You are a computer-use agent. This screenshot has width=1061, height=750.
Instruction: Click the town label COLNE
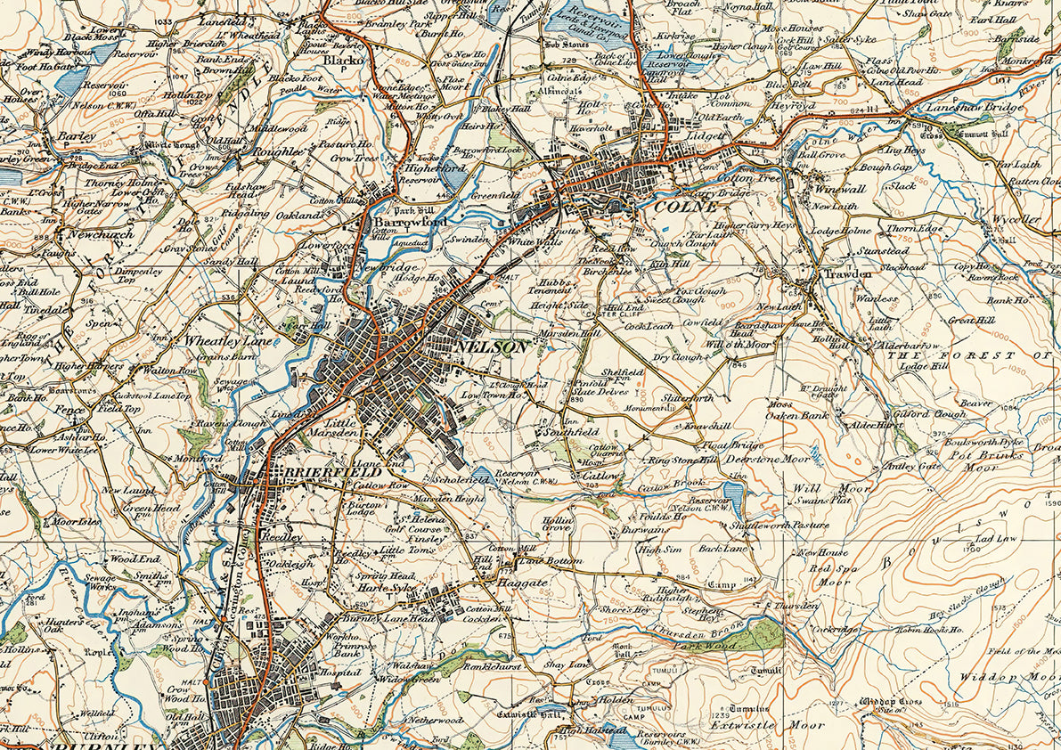pyautogui.click(x=685, y=206)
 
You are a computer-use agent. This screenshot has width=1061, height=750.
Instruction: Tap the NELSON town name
pyautogui.click(x=491, y=347)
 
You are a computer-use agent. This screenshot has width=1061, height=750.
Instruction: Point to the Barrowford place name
pyautogui.click(x=410, y=221)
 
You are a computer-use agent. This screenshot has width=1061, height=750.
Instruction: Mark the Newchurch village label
pyautogui.click(x=101, y=235)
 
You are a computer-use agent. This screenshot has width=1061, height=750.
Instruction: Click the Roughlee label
pyautogui.click(x=279, y=152)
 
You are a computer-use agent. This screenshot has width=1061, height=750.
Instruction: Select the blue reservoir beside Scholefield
pyautogui.click(x=482, y=475)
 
